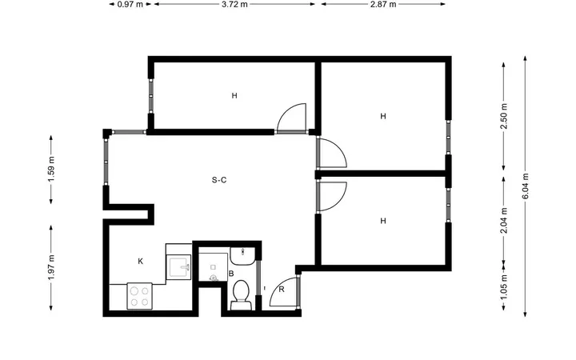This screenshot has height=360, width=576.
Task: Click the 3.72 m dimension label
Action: (x=234, y=5)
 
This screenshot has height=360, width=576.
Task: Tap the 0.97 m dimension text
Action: (x=130, y=5)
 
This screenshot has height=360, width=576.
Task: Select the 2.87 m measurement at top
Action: (x=383, y=5)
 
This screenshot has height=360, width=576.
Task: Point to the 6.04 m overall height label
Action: (x=526, y=186)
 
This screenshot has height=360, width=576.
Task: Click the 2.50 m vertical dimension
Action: (x=504, y=116)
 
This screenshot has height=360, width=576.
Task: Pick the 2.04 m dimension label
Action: (x=504, y=221)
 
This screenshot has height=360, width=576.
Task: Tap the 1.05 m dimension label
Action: (x=504, y=287)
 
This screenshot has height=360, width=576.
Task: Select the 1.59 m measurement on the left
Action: (x=51, y=170)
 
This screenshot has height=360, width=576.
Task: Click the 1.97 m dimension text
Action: (x=51, y=267)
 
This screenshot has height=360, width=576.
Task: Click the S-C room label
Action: (x=219, y=180)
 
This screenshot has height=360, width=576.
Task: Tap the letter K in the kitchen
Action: (x=140, y=262)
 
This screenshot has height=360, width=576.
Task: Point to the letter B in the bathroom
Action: (x=231, y=274)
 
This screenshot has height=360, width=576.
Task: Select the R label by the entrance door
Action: (x=282, y=290)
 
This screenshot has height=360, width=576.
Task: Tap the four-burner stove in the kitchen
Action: (x=139, y=296)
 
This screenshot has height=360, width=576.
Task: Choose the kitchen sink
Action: (x=178, y=267)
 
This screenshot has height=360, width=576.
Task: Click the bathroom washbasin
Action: (x=242, y=256)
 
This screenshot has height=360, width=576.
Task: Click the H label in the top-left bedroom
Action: (x=234, y=96)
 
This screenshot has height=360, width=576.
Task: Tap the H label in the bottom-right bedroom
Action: (x=383, y=221)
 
